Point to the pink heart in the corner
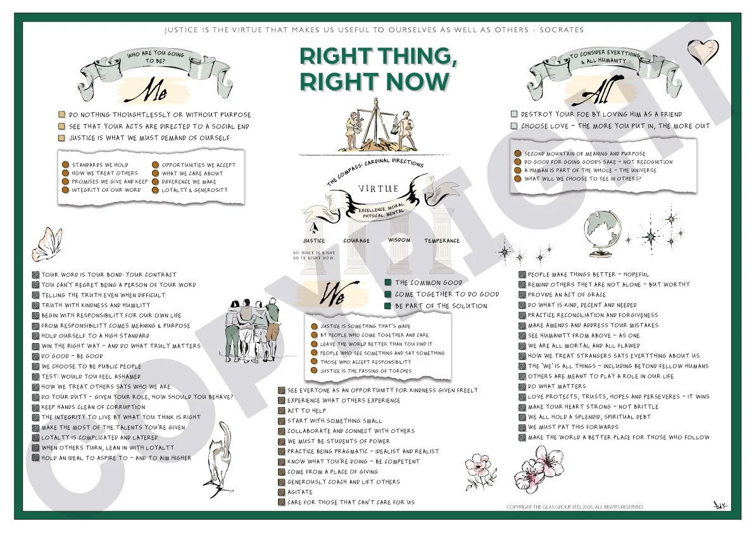click(703, 51)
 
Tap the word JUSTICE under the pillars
click(314, 241)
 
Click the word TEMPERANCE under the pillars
click(443, 241)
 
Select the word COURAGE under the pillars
click(356, 241)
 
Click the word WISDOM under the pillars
click(399, 241)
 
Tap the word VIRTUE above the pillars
click(379, 189)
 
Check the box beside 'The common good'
click(388, 283)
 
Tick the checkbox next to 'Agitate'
click(282, 492)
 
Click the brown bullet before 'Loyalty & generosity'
click(156, 190)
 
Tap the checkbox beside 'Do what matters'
click(522, 386)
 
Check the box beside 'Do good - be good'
click(36, 356)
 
